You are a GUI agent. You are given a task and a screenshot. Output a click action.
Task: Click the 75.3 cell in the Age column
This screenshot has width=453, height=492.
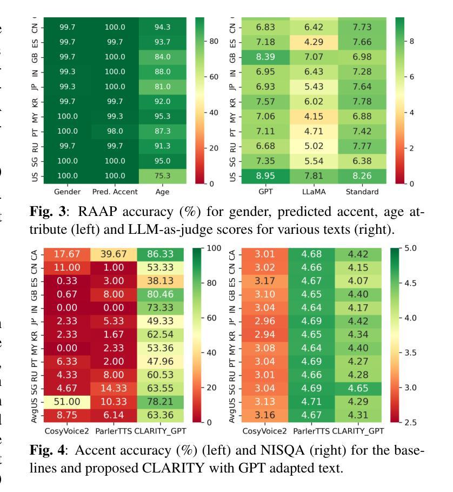tap(162, 175)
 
